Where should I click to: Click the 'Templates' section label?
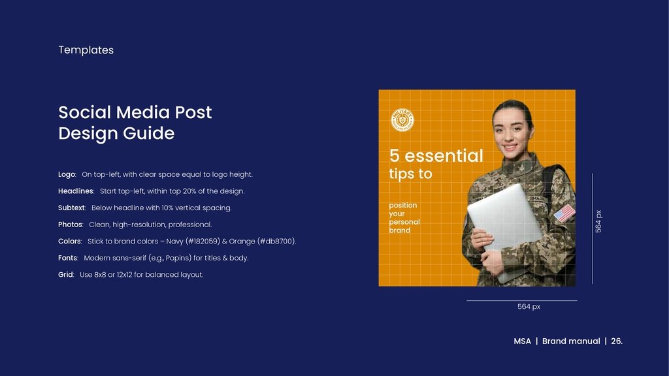point(86,50)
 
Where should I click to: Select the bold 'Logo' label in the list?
point(67,174)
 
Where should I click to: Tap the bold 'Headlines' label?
point(76,191)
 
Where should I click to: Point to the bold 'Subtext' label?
point(71,208)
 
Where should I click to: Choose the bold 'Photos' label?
point(70,225)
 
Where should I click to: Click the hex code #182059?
point(203,242)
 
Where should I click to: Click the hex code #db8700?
point(276,242)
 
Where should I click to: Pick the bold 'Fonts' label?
point(68,258)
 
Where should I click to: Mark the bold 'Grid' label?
point(66,275)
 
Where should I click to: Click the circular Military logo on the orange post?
point(402,120)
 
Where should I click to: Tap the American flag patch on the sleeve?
point(564,213)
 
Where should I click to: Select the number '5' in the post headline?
point(394,156)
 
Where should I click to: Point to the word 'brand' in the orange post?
point(399,230)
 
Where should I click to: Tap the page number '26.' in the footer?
point(617,341)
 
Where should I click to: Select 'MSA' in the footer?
point(522,341)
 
